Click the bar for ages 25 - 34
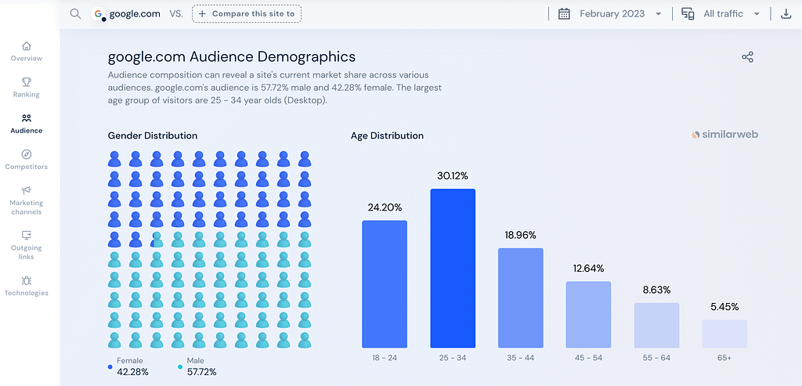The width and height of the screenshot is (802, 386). pos(453,269)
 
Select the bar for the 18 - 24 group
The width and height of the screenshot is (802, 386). pos(385,284)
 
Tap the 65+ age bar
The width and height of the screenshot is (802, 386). pos(724,334)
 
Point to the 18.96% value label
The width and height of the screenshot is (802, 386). pos(521,235)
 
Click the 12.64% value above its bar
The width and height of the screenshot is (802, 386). pos(588,269)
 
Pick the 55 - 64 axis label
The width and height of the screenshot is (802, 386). pos(656,358)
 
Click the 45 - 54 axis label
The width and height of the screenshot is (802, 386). pos(588,358)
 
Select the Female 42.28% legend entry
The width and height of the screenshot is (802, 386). pos(128,366)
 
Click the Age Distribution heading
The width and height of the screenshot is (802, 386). pos(387,135)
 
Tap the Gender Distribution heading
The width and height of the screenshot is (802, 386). pos(153,135)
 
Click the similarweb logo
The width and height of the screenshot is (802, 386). pos(724,134)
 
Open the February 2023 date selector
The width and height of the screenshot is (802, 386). pos(610,14)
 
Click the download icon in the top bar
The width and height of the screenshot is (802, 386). pos(786,14)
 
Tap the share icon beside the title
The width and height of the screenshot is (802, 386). pos(747,57)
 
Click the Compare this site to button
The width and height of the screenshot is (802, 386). pos(247,14)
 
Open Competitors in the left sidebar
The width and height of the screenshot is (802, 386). pos(27,160)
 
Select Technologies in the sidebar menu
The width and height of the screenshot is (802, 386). pos(27,286)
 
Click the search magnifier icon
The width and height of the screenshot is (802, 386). pos(75,14)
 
